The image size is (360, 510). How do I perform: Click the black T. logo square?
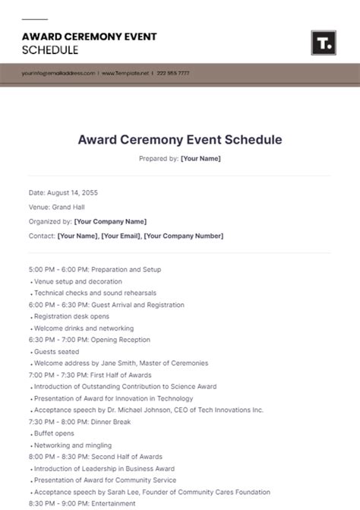(x=323, y=43)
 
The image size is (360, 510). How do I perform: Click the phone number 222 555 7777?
(x=174, y=74)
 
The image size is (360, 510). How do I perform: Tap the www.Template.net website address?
(x=125, y=74)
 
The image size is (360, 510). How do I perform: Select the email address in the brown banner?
(x=58, y=74)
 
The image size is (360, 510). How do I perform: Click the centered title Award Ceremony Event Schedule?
(x=180, y=140)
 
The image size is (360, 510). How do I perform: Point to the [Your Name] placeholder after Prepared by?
(x=201, y=159)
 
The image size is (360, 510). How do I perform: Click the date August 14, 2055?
(x=73, y=193)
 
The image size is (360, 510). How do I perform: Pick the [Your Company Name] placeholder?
(x=110, y=221)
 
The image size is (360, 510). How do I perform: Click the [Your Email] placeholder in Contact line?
(x=121, y=236)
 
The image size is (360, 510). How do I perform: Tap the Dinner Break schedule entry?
(x=112, y=422)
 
